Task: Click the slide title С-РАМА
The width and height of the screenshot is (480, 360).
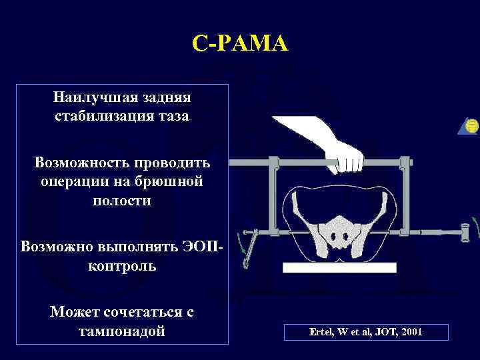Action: coord(240,45)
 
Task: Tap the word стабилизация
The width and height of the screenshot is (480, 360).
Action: coord(99,117)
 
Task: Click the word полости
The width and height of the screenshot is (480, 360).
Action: coord(121,200)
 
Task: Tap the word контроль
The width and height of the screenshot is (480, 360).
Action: coord(121,266)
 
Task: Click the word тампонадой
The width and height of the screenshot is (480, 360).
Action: coord(122,331)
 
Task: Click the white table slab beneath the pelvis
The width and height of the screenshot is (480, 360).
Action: coord(339,267)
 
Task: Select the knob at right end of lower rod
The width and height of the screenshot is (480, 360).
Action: coord(466,231)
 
